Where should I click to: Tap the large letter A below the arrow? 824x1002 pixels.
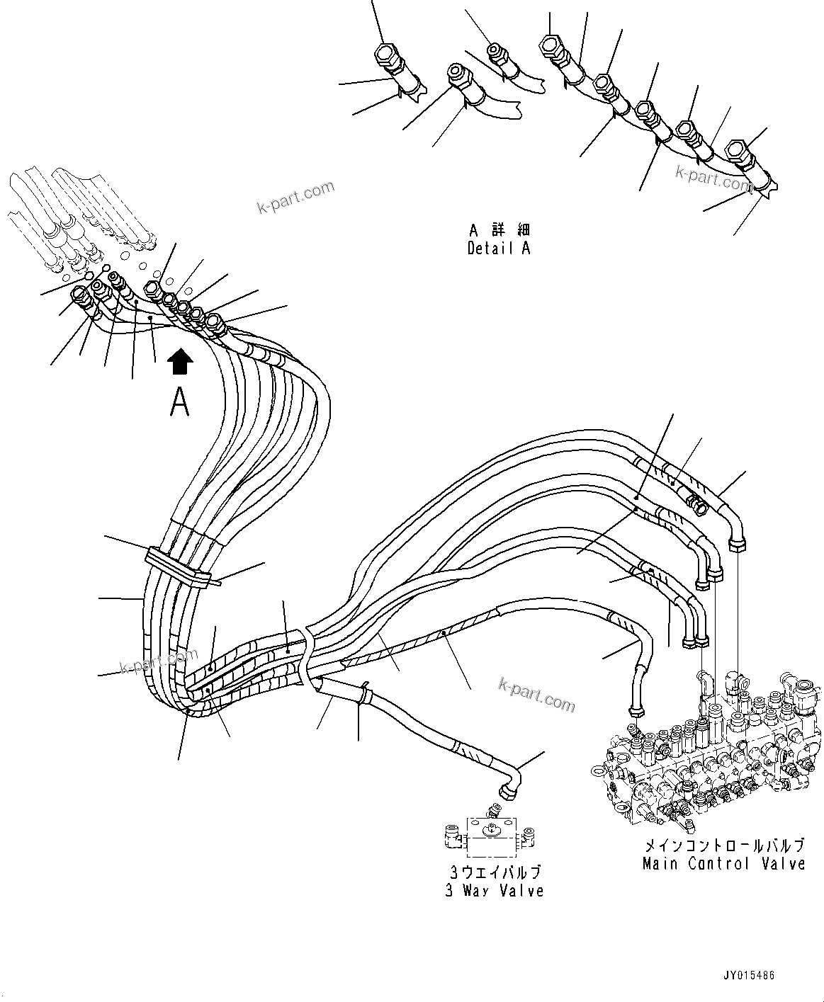click(180, 402)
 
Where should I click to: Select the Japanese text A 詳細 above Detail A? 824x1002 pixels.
click(499, 230)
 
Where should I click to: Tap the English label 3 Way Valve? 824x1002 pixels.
click(494, 890)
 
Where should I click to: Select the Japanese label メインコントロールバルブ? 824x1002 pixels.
click(723, 846)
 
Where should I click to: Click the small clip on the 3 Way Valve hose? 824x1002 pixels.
click(364, 693)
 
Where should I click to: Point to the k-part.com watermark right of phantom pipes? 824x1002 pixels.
click(295, 197)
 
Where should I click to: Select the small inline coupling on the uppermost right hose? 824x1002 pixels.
click(696, 503)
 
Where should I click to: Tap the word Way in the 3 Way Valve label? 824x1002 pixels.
click(486, 890)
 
